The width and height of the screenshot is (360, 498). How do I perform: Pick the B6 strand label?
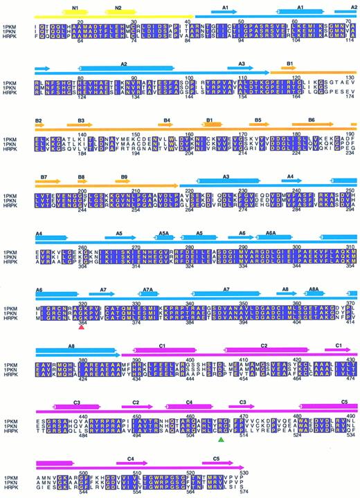point(312,120)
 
